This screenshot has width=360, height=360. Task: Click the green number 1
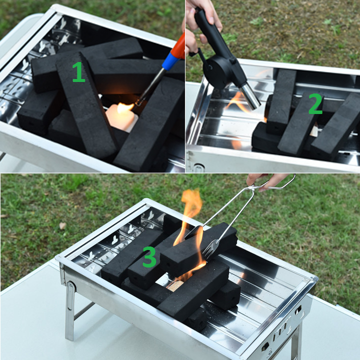(79, 72)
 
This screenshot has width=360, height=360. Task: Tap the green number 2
(315, 104)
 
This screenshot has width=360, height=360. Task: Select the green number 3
(149, 256)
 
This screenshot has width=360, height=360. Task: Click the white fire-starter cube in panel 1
(121, 117)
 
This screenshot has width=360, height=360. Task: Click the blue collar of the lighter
(170, 61)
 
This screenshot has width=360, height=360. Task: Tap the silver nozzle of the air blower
(249, 96)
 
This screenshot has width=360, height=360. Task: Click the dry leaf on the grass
(62, 225)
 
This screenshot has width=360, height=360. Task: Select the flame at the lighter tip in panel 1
(125, 107)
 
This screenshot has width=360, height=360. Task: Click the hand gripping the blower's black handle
(203, 16)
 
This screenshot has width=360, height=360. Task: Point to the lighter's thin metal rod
(150, 86)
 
